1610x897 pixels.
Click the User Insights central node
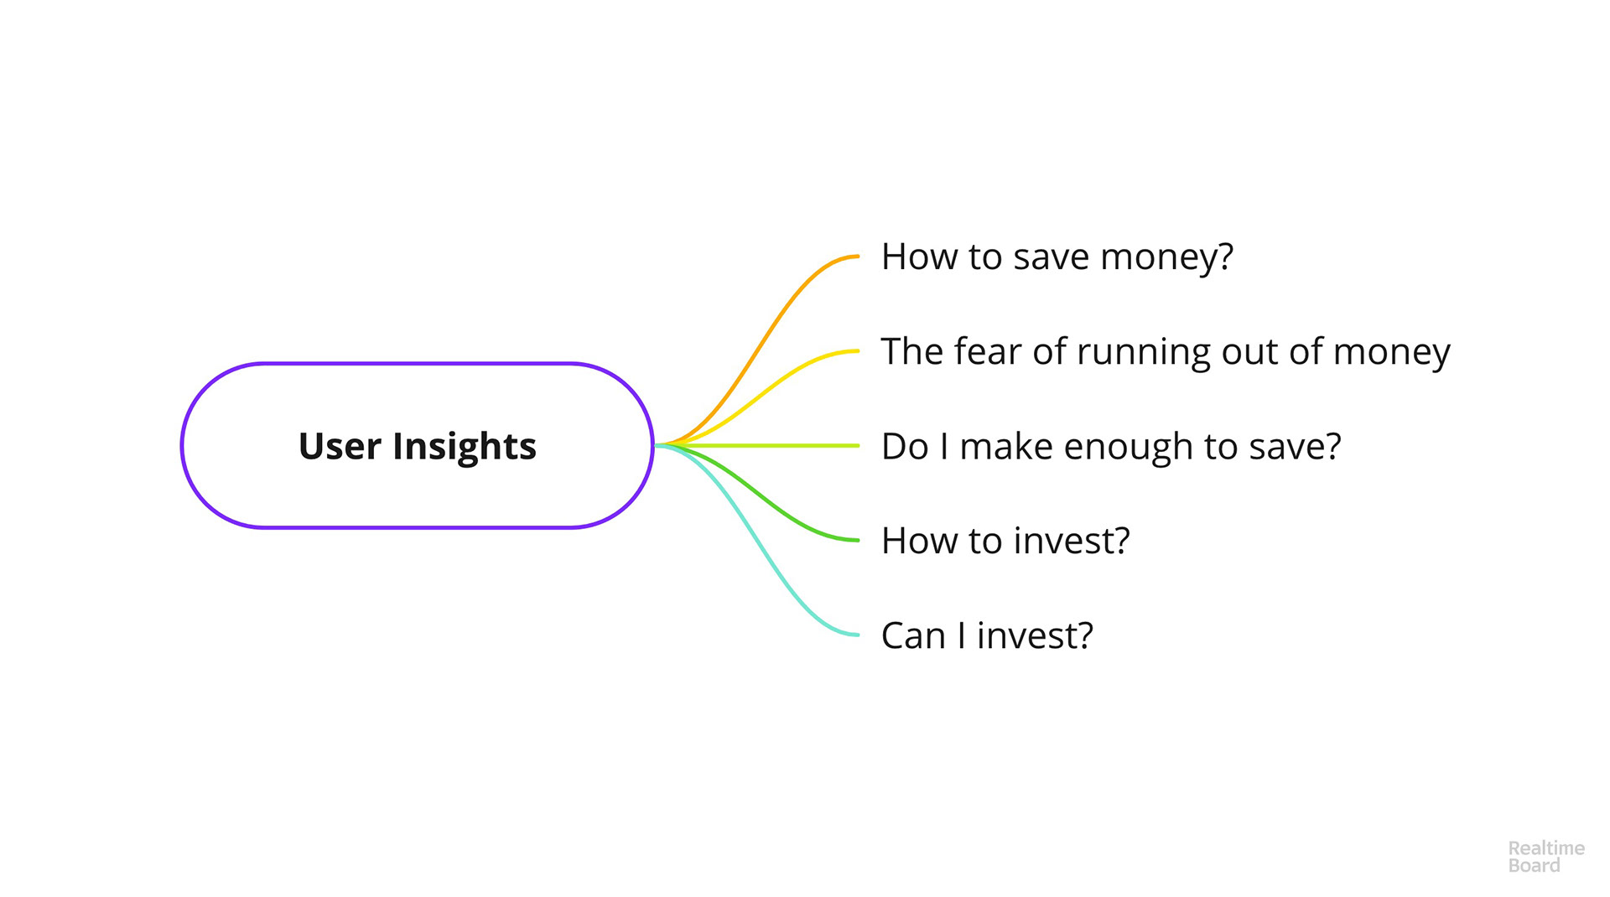click(x=417, y=445)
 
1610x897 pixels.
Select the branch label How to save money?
click(x=1057, y=257)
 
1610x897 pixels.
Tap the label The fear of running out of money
click(x=1166, y=352)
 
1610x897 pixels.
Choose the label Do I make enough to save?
click(x=1111, y=447)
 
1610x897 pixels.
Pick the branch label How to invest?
click(x=1005, y=541)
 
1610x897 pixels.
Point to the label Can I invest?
click(x=987, y=635)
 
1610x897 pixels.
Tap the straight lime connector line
click(x=758, y=445)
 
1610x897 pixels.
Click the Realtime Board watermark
click(x=1546, y=857)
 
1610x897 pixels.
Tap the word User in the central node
click(x=340, y=446)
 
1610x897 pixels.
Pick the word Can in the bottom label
click(x=914, y=635)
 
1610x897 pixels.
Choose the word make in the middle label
click(x=1006, y=447)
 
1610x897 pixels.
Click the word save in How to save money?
click(x=1052, y=257)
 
